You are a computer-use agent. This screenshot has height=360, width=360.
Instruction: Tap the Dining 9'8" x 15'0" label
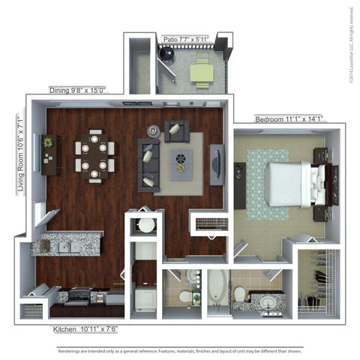[x=77, y=90]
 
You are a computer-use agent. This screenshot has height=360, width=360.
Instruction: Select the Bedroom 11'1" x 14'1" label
[x=289, y=118]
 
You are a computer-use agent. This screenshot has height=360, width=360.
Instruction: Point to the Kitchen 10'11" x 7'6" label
[x=85, y=329]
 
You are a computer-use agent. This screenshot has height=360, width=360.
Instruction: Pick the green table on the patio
[x=200, y=72]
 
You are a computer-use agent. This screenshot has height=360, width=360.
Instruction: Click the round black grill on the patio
[x=166, y=54]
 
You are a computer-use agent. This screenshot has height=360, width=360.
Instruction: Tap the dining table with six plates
[x=95, y=155]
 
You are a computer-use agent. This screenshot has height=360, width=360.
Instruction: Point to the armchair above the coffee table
[x=177, y=130]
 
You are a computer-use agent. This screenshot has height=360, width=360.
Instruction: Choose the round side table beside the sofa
[x=154, y=130]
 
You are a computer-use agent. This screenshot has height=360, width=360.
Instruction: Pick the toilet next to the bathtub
[x=240, y=294]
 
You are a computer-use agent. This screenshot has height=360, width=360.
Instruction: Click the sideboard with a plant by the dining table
[x=49, y=154]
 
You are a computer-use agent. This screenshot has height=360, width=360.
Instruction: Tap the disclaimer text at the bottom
[x=180, y=350]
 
